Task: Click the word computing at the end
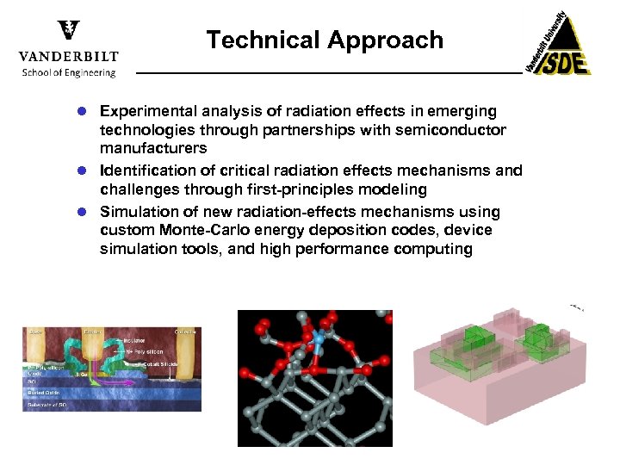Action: (433, 249)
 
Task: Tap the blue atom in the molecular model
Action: (317, 340)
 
